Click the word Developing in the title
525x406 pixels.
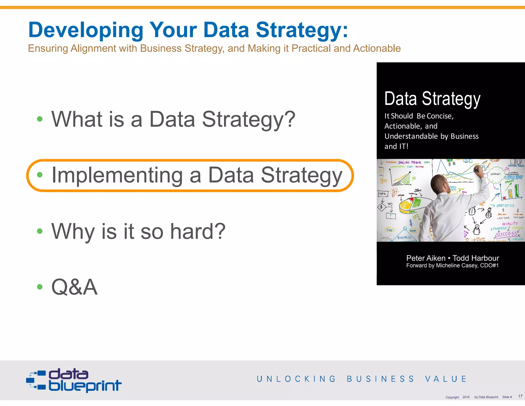click(86, 30)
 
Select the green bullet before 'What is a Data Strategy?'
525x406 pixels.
click(40, 119)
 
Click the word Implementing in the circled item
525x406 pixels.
click(117, 175)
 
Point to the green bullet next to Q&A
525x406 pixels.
click(40, 287)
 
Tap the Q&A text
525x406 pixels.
click(75, 287)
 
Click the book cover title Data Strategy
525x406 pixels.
click(432, 99)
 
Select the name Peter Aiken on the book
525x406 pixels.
click(426, 258)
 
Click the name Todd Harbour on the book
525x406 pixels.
click(476, 258)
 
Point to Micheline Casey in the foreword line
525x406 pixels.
click(457, 266)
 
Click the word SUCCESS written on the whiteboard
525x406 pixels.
click(506, 234)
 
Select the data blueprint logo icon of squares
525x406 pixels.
click(36, 380)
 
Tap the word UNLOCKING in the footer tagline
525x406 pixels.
click(296, 379)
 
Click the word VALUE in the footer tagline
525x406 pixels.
click(446, 379)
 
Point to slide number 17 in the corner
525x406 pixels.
click(520, 396)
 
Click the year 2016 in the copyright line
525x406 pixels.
click(466, 397)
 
